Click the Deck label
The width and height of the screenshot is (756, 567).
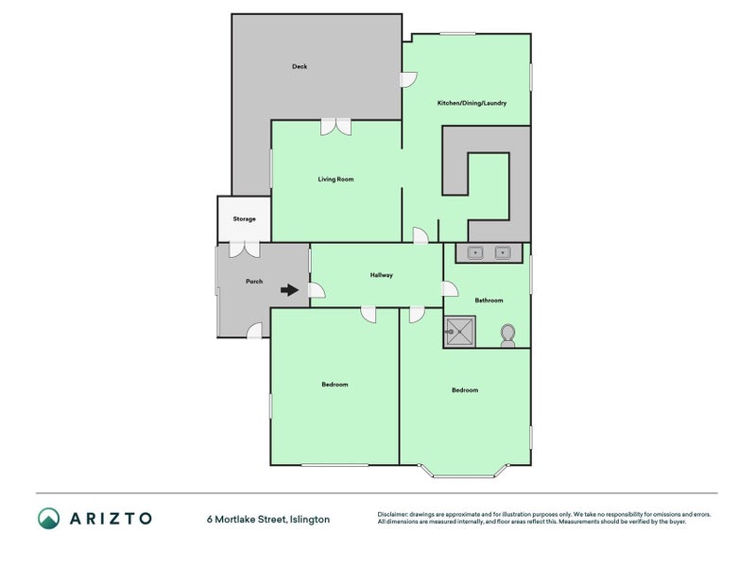tap(300, 66)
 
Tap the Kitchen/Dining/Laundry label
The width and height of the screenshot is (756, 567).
tap(472, 103)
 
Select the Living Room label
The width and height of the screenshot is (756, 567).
tap(335, 179)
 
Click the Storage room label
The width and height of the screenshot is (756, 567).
tap(244, 219)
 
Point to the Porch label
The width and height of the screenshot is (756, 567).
tap(254, 281)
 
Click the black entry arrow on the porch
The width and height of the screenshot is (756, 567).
tap(289, 290)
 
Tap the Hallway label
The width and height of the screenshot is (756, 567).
tap(382, 275)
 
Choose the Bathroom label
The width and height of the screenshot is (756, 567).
tap(489, 300)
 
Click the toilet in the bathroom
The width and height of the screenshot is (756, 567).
tap(507, 335)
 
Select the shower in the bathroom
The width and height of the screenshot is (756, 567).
tap(459, 332)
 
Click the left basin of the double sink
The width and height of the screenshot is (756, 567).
tap(475, 252)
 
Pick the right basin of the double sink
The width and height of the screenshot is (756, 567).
tap(503, 252)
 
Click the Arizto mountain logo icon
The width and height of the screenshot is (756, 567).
tap(49, 518)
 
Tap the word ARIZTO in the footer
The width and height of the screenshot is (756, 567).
tap(111, 519)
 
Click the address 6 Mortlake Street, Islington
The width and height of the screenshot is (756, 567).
tap(268, 519)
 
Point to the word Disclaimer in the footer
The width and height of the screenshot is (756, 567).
tap(393, 514)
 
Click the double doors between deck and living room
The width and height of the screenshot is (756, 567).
tap(336, 127)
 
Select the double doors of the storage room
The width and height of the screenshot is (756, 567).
tap(245, 249)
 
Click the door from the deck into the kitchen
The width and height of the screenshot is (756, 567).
tap(409, 79)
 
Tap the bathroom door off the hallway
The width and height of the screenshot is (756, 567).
tap(451, 289)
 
